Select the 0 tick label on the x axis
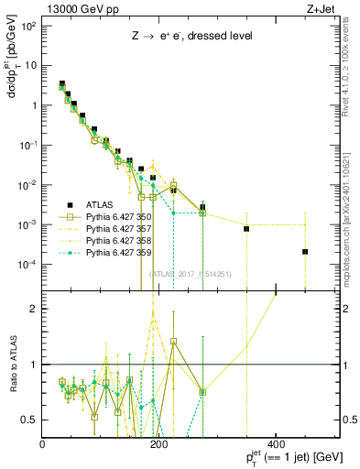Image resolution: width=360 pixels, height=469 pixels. click(x=44, y=445)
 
